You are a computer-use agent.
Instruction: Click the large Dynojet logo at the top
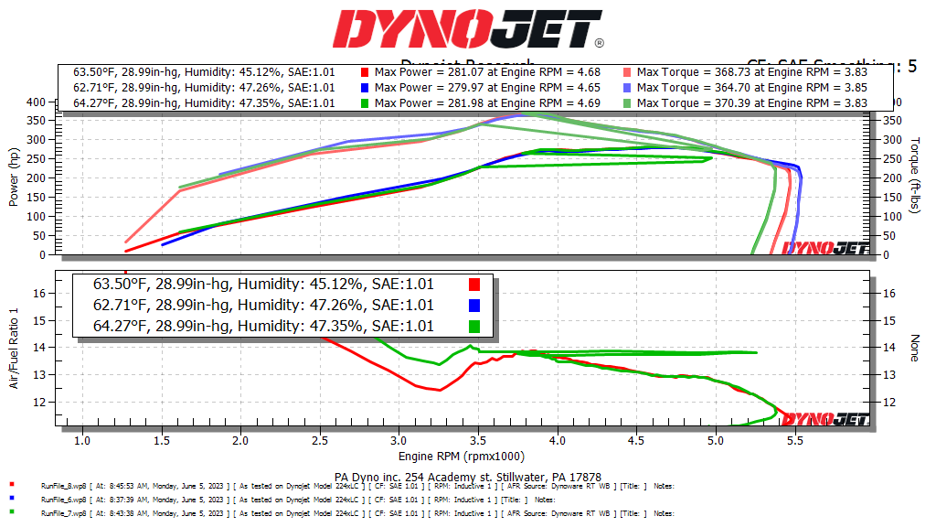(x=467, y=30)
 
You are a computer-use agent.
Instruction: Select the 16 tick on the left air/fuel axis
(x=39, y=293)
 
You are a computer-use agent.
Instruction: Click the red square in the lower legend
(x=474, y=285)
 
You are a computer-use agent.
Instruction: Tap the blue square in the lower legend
(x=474, y=306)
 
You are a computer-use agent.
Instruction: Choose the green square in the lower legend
(x=474, y=326)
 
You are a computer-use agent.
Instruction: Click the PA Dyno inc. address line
(x=467, y=477)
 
